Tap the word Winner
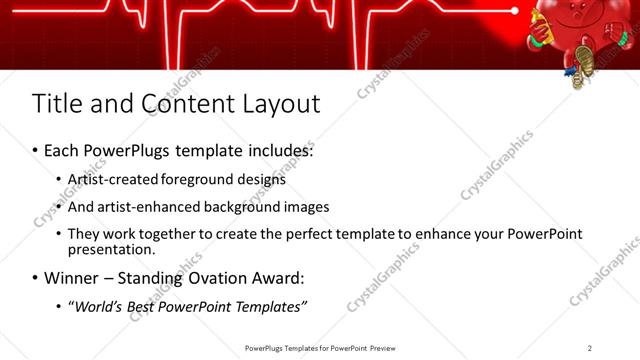pyautogui.click(x=68, y=277)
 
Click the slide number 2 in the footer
pyautogui.click(x=589, y=348)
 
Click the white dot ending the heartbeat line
pyautogui.click(x=515, y=11)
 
